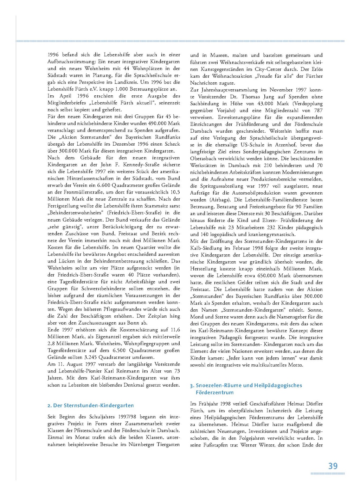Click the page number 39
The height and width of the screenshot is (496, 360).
333,466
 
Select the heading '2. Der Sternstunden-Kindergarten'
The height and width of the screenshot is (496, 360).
91,406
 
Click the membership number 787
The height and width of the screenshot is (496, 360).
318,110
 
